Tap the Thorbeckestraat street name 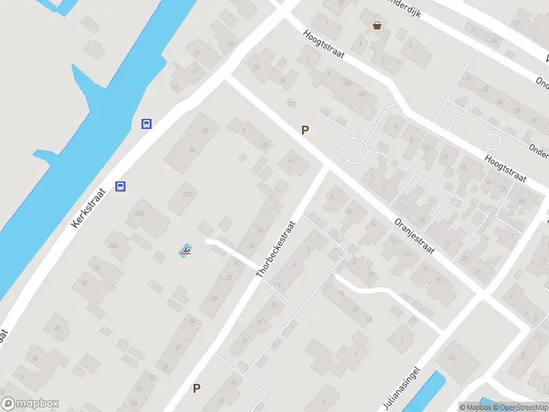coord(277,249)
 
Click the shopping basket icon coord(377,26)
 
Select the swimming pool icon coord(185,251)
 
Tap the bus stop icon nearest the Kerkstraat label coord(121,185)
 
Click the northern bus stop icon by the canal coord(146,124)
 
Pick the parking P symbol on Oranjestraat coord(305,130)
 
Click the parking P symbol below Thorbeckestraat coord(197,389)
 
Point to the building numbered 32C coord(187,194)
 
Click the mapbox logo coord(31,404)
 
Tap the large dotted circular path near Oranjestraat coord(355,150)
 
